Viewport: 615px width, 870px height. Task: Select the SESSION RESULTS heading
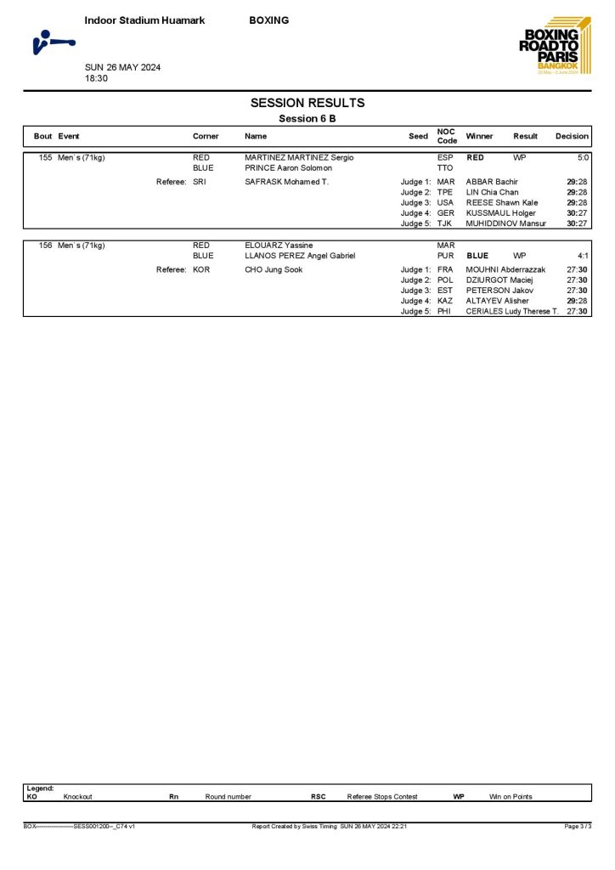307,103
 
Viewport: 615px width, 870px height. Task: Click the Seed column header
418,136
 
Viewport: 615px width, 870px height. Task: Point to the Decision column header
572,136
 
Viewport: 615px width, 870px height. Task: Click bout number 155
46,158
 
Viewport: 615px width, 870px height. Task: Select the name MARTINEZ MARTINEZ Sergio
299,158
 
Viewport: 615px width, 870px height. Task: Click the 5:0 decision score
583,158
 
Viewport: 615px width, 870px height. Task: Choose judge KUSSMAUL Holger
500,213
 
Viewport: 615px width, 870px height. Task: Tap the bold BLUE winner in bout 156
477,256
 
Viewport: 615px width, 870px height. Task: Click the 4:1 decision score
583,256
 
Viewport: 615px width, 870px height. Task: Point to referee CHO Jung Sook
274,270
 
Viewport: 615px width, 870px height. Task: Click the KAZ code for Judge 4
445,301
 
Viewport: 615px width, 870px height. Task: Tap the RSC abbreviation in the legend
319,796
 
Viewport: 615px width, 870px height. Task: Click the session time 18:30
96,78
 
